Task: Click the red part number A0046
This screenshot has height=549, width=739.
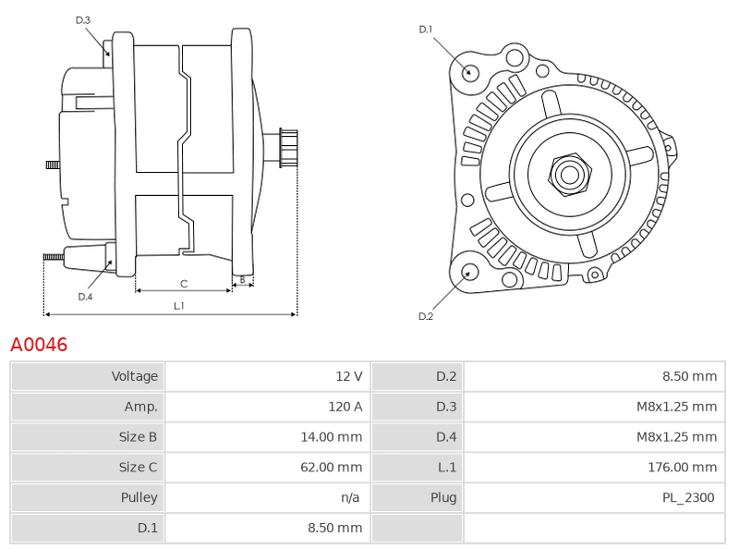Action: [x=39, y=345]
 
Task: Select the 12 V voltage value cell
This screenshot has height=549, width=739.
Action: [x=267, y=376]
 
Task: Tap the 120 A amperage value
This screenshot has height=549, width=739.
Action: [x=345, y=407]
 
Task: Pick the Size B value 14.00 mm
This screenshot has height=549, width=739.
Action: [x=332, y=437]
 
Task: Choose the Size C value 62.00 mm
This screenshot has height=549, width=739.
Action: [x=332, y=467]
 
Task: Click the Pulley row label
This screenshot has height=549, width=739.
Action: [x=139, y=497]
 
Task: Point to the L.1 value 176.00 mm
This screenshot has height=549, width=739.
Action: [x=682, y=467]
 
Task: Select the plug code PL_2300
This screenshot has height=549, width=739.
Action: [x=688, y=497]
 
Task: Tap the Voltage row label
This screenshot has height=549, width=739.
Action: [x=134, y=376]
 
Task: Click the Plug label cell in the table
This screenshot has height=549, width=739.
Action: [x=417, y=497]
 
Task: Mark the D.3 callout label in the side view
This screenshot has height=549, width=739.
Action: [x=82, y=20]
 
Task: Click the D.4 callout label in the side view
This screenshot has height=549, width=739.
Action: [x=85, y=297]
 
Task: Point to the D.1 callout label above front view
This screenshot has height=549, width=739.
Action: [x=426, y=30]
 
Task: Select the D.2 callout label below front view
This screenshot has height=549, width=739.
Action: [x=426, y=316]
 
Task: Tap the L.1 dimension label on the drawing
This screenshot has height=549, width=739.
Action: [x=179, y=306]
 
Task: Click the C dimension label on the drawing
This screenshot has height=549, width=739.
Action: [x=184, y=284]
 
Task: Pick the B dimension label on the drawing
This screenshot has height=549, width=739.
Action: [x=243, y=279]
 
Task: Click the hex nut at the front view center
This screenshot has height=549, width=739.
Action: [x=570, y=175]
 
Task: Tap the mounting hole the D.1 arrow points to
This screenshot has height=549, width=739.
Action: [x=469, y=72]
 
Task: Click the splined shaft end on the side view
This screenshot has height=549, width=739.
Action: [x=288, y=148]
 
